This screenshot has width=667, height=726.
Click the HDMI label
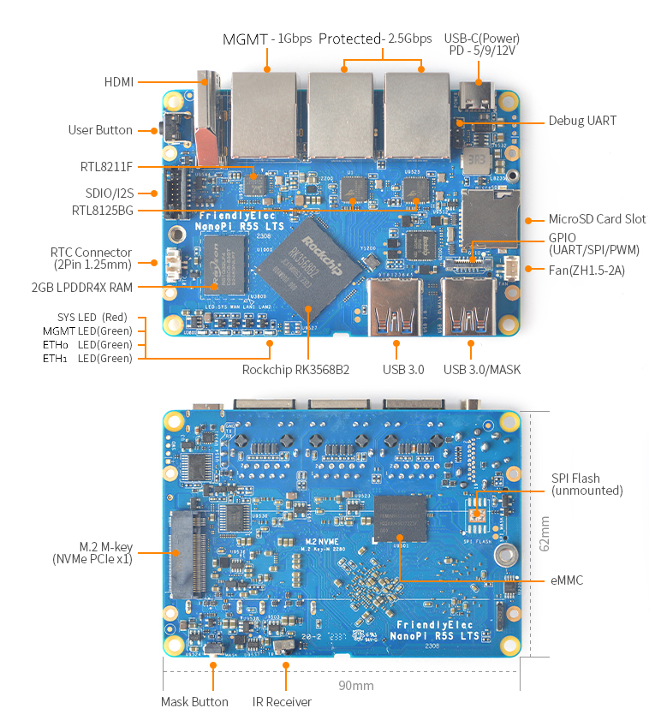(x=119, y=82)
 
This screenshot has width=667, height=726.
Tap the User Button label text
(x=100, y=130)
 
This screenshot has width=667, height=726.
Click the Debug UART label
(x=582, y=122)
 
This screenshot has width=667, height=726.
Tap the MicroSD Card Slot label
(x=597, y=219)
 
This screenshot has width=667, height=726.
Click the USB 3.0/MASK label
(x=482, y=370)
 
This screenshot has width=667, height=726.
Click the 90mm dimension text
(x=354, y=686)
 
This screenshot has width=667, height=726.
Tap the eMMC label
(x=567, y=580)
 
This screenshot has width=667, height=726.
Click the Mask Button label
(x=194, y=702)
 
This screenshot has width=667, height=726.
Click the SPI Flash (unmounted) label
(x=587, y=485)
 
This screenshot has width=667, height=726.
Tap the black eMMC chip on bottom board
(x=401, y=519)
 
